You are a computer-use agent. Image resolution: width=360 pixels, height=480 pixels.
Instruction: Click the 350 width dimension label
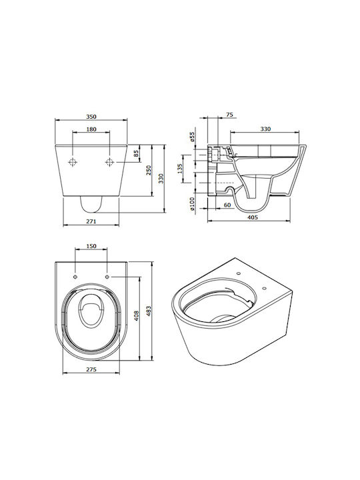[91, 117]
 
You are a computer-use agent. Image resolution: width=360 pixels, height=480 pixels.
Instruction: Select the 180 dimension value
[91, 129]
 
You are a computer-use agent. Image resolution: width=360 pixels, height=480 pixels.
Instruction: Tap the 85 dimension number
[136, 154]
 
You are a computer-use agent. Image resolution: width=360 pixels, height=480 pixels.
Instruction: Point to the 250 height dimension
[149, 170]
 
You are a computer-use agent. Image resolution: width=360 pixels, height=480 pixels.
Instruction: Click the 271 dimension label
[91, 221]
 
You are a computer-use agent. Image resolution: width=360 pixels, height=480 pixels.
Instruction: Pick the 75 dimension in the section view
[229, 115]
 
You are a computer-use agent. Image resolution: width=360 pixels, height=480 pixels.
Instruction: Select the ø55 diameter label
[192, 137]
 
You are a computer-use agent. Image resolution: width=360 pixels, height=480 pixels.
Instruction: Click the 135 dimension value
[180, 169]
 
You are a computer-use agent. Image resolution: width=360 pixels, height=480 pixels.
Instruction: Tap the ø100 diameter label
[192, 204]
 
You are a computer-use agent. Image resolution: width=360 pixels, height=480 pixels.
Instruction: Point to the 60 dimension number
[227, 205]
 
